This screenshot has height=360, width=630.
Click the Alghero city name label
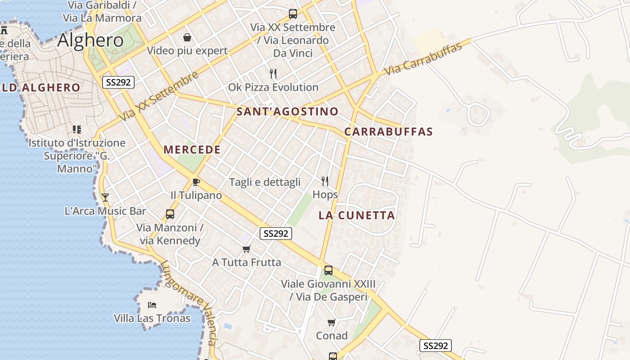point(90,40)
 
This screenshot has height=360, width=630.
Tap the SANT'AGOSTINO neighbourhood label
point(287,112)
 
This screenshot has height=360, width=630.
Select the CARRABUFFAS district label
point(388,132)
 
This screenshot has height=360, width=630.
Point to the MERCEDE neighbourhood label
point(192,150)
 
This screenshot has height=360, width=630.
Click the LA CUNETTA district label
point(356,216)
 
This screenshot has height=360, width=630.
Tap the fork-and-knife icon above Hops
point(325,181)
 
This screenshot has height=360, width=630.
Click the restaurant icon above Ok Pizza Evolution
point(273,74)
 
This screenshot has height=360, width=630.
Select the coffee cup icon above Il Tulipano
point(196,182)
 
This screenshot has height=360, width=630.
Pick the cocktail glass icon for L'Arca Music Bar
point(105,197)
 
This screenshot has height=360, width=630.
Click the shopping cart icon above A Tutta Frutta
point(246,249)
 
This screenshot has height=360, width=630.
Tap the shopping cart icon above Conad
point(332,322)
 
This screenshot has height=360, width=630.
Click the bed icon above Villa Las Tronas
point(152,305)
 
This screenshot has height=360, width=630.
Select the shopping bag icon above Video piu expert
point(187,37)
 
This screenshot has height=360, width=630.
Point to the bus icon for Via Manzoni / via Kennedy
point(170,214)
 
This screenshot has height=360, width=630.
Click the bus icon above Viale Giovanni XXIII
point(328,270)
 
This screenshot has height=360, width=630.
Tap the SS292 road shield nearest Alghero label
point(118,82)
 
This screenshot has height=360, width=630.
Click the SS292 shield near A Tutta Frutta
point(276,234)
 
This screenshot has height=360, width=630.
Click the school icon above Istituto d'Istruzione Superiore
point(77,130)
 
